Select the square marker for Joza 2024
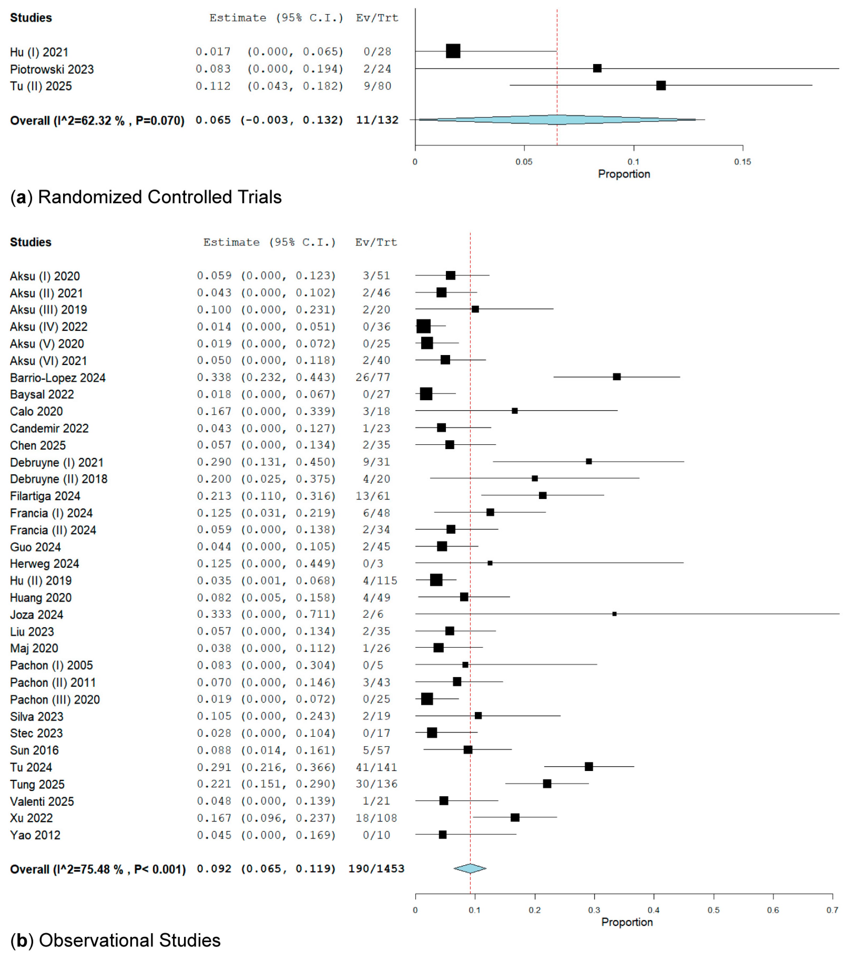click(614, 614)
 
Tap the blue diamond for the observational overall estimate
click(470, 869)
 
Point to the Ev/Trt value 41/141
click(376, 767)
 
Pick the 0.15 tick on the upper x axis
click(742, 162)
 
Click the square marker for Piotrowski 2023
click(597, 69)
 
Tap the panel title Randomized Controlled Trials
click(160, 197)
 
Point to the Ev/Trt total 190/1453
click(376, 869)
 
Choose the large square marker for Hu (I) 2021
click(453, 51)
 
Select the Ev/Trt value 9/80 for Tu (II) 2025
click(377, 86)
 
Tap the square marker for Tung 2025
click(547, 784)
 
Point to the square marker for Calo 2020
click(515, 411)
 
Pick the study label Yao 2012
click(35, 835)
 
